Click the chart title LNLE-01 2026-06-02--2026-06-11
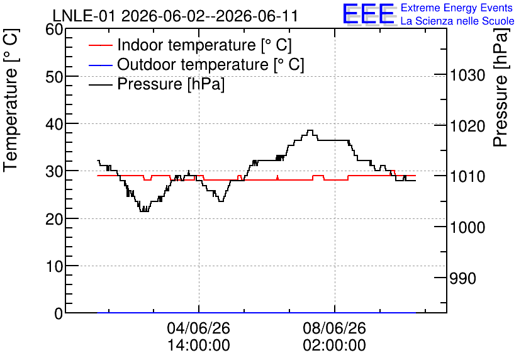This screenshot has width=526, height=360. (x=175, y=16)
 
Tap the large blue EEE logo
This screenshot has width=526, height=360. (x=369, y=14)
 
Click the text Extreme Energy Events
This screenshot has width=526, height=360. (x=457, y=8)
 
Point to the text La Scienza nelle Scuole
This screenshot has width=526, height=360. (x=457, y=21)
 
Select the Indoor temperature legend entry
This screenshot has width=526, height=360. (x=190, y=45)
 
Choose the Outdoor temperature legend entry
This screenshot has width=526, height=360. (x=196, y=64)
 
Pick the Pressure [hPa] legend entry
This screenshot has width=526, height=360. (x=157, y=84)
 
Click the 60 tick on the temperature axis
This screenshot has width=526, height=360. (x=54, y=30)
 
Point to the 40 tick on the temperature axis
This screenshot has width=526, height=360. (x=54, y=125)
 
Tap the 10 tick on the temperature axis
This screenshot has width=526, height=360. (x=54, y=266)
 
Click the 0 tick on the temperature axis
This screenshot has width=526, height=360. (x=59, y=313)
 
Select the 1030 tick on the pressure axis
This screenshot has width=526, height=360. (x=467, y=76)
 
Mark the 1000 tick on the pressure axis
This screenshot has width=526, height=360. (x=467, y=227)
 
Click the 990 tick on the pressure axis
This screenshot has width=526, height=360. (x=462, y=278)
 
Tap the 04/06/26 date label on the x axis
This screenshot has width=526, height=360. (x=199, y=328)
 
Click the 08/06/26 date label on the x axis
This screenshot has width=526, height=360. (x=335, y=328)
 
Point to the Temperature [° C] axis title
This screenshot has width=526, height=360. (x=11, y=100)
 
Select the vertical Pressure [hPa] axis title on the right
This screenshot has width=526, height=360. (x=500, y=87)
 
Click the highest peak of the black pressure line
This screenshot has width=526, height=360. (x=310, y=130)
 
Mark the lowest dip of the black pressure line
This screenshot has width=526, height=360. (x=144, y=211)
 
